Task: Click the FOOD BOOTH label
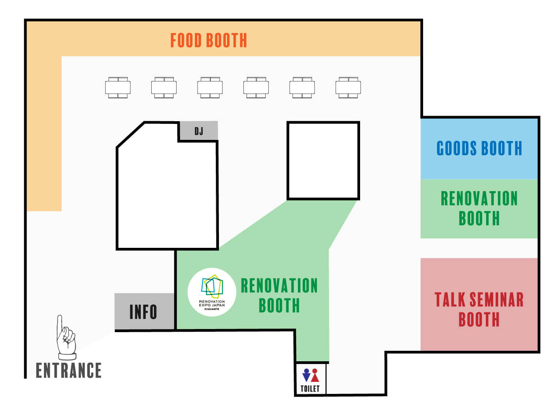[x=208, y=40]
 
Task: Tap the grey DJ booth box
[x=198, y=131]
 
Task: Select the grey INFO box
[x=143, y=312]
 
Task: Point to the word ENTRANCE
[x=68, y=370]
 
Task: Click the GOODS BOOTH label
[x=479, y=148]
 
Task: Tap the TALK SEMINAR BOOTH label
[x=479, y=309]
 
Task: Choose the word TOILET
[x=310, y=388]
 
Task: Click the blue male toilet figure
[x=306, y=375]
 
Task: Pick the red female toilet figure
[x=315, y=375]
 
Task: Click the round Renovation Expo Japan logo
[x=212, y=292]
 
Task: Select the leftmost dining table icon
[x=118, y=87]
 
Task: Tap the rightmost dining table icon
[x=348, y=87]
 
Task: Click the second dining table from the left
[x=164, y=87]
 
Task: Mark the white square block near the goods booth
[x=323, y=160]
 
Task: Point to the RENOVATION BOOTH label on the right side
[x=479, y=208]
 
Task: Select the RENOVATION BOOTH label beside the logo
[x=279, y=295]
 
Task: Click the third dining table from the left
[x=210, y=87]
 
